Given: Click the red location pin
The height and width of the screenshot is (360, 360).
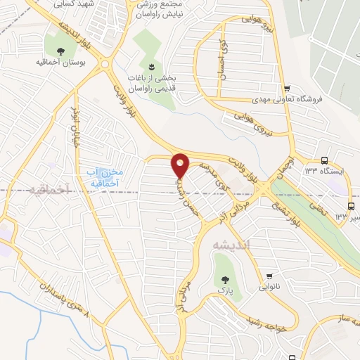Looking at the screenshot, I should pyautogui.click(x=180, y=165).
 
